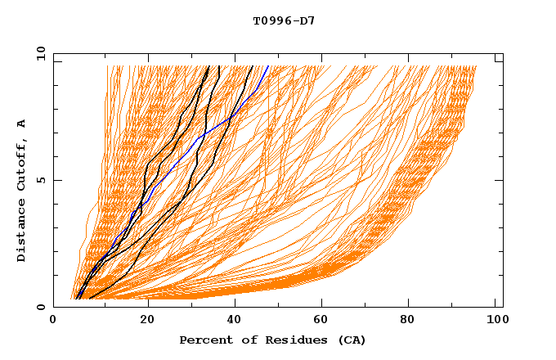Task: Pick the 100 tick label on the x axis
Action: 495,322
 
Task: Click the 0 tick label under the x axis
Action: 54,322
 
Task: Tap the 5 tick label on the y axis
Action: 40,180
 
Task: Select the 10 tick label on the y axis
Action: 38,53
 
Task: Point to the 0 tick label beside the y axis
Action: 40,307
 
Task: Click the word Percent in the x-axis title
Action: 202,340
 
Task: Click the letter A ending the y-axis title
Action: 22,124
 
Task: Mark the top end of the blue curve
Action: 268,66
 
